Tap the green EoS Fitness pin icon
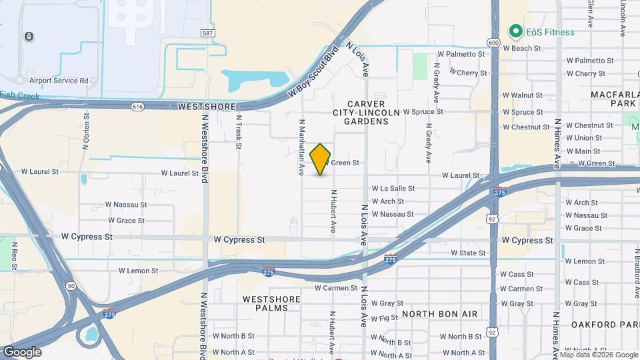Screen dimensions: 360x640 tap(515, 31)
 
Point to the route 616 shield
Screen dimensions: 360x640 tap(138, 107)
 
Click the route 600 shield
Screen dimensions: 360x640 tap(493, 42)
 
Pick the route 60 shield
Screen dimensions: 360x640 tap(71, 285)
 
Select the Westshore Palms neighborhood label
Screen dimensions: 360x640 tap(266, 303)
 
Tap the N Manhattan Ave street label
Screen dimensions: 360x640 tap(302, 147)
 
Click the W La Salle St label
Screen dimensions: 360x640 tap(393, 189)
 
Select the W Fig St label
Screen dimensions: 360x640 tap(385, 319)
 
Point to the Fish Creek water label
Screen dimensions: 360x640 tap(19, 95)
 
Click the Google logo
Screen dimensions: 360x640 tap(22, 352)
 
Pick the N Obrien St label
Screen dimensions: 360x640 tap(87, 131)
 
